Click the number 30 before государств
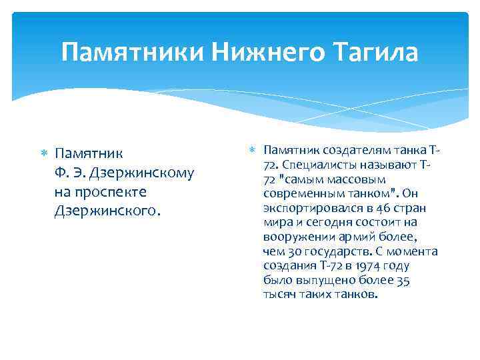pyautogui.click(x=294, y=252)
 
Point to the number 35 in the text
pyautogui.click(x=402, y=281)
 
